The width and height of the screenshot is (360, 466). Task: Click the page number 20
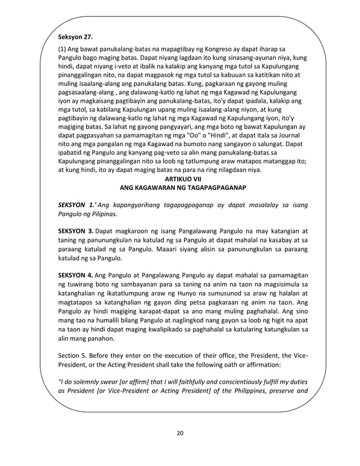point(180,433)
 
